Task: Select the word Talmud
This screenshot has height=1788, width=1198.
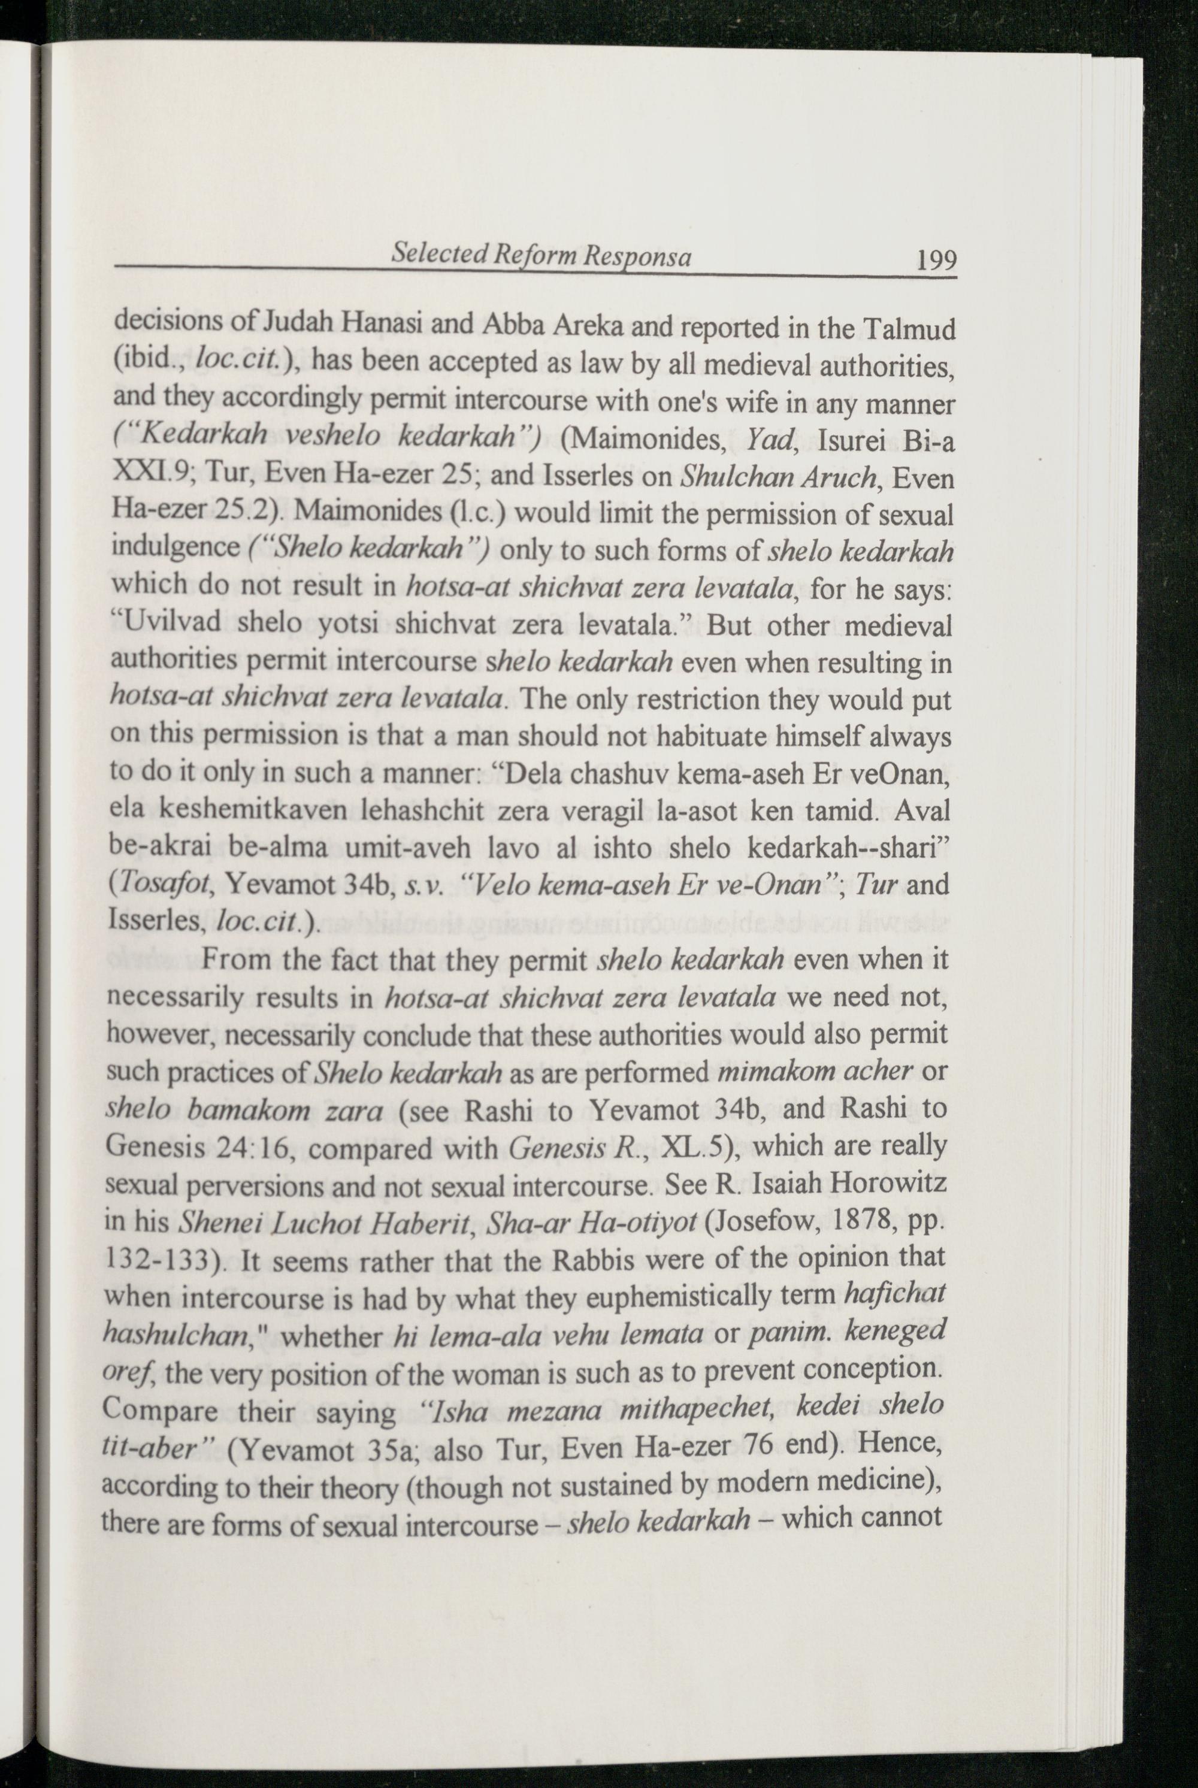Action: [x=909, y=329]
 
